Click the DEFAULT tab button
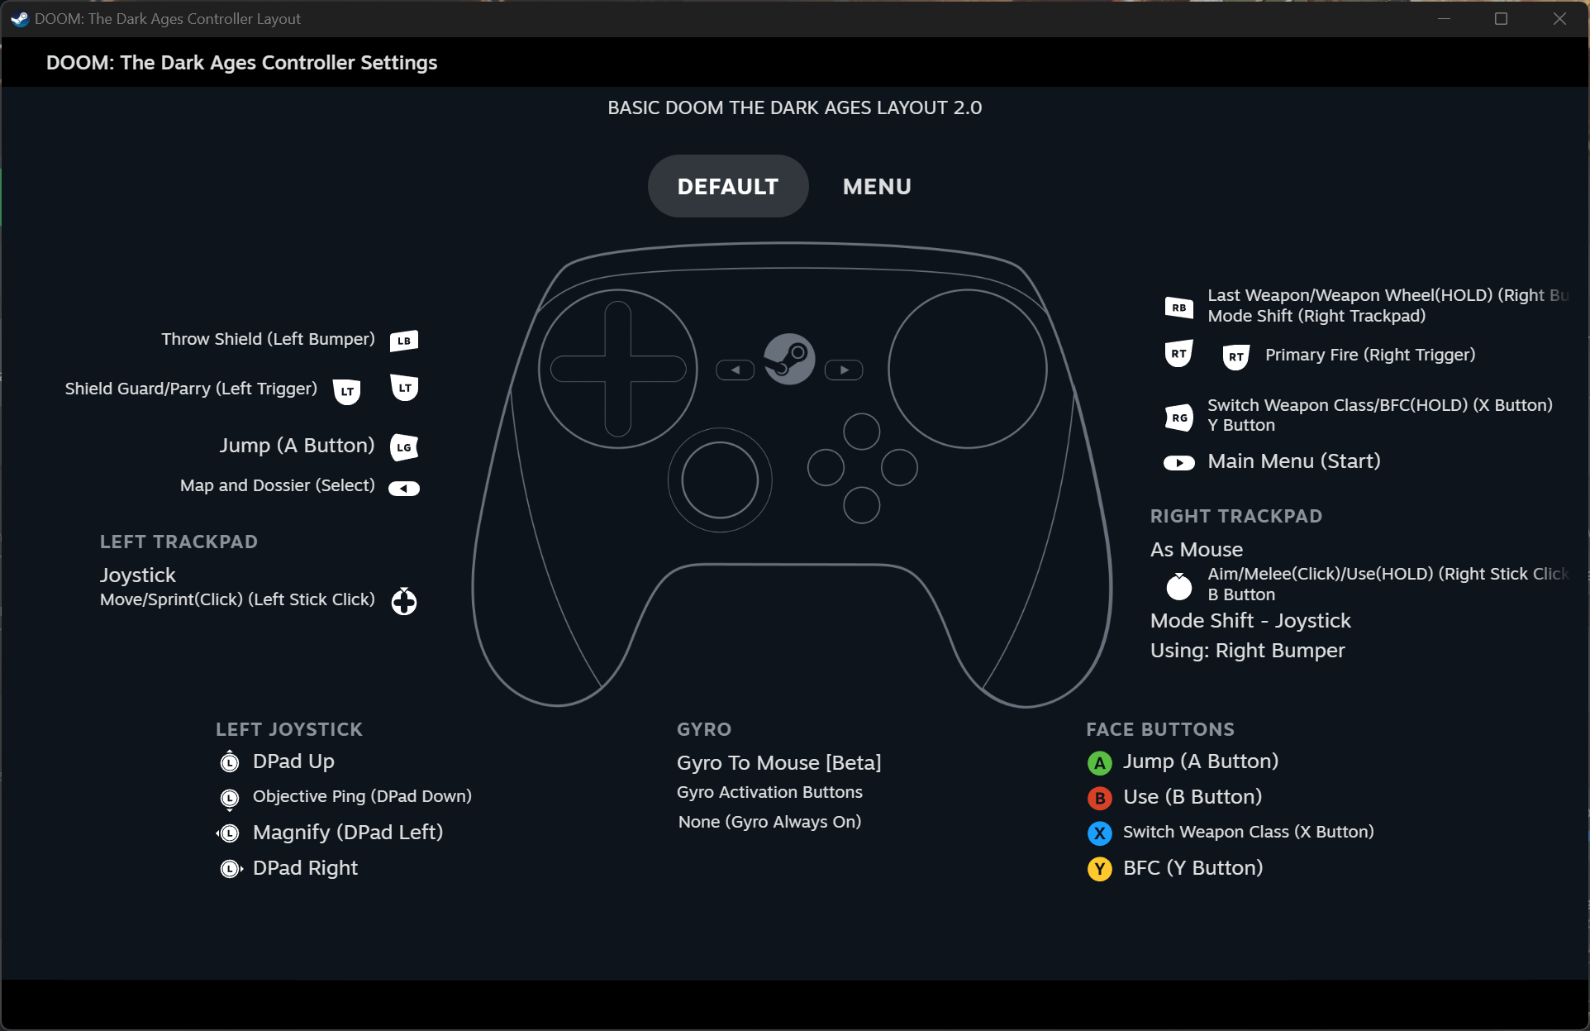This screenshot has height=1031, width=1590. pos(727,186)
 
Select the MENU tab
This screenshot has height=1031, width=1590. pos(877,187)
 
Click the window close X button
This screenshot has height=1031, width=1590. pos(1559,18)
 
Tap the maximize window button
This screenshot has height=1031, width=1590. pos(1502,18)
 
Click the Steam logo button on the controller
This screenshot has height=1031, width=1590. pos(789,359)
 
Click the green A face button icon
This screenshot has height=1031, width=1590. pos(1099,762)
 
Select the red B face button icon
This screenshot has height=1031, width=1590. pos(1099,798)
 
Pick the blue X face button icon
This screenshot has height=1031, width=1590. pos(1099,833)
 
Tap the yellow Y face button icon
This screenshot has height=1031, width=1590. pos(1099,869)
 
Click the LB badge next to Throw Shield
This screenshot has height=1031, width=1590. pos(404,341)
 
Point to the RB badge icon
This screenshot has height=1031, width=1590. pos(1178,308)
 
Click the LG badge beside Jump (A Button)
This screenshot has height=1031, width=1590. pos(404,447)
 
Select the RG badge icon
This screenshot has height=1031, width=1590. pos(1178,418)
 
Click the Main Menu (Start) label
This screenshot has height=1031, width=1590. pos(1294,461)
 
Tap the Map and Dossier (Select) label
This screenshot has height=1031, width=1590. pos(278,485)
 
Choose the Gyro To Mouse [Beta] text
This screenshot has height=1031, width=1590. pos(779,762)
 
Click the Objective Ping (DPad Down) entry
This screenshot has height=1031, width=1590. pos(362,796)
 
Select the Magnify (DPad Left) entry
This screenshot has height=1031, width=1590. pos(348,833)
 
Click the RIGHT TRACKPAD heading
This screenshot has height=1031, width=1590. pos(1236,516)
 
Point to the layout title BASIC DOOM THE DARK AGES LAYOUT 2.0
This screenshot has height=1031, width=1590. pos(795,107)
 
